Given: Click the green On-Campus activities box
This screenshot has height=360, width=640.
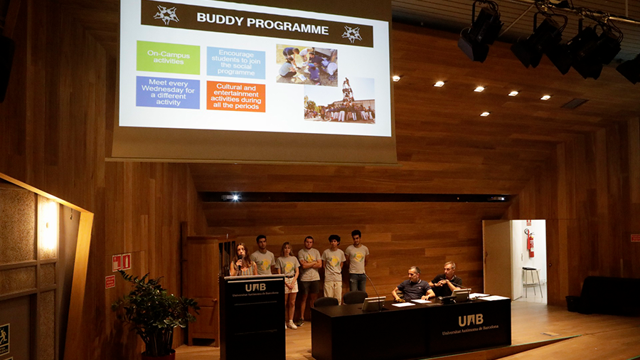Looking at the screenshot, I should pos(168,58).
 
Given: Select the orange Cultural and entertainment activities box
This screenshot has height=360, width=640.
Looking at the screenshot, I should pos(235,96).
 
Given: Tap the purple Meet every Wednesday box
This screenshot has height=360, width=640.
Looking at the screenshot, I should pos(168,92).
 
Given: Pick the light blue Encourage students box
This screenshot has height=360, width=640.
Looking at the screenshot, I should pos(236,63).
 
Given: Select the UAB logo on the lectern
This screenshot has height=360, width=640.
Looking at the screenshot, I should pos(255,287).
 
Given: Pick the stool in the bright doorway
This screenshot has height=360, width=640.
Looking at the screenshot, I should pos(531,280).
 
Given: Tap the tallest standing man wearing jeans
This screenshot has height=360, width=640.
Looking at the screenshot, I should pos(357,260).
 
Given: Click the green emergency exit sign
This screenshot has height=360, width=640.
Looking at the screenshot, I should pos(4,335).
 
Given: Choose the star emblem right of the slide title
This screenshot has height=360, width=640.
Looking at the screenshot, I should pos(351,33).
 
